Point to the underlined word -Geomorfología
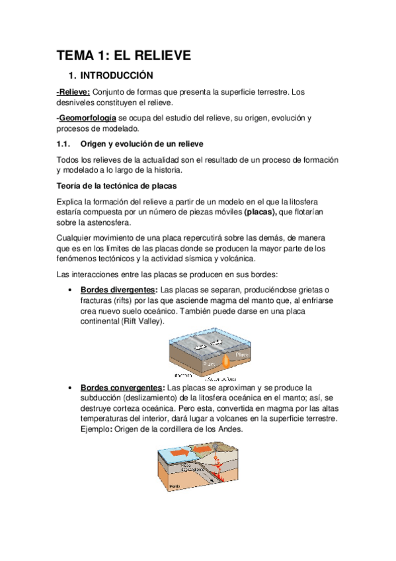tap(81, 118)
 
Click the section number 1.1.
tap(64, 144)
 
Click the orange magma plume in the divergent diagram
tap(227, 361)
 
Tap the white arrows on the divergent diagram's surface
tap(213, 345)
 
